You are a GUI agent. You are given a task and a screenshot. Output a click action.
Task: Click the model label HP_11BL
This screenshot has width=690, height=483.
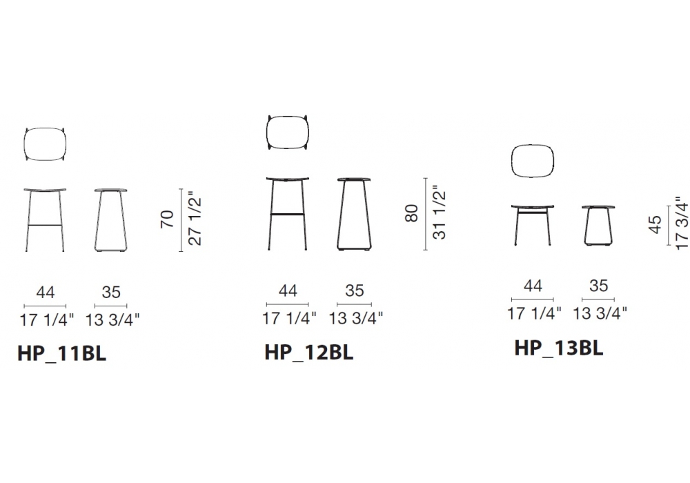pyautogui.click(x=61, y=353)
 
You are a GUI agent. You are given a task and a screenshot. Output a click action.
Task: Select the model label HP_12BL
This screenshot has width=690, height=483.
pyautogui.click(x=309, y=352)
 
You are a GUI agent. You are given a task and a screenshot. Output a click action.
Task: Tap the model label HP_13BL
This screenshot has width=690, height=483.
pyautogui.click(x=559, y=348)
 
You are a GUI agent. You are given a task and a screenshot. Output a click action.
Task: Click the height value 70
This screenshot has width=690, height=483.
pyautogui.click(x=167, y=219)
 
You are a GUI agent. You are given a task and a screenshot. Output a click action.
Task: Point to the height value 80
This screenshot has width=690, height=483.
pyautogui.click(x=411, y=213)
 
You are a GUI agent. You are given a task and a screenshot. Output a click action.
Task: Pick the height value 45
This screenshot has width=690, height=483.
pyautogui.click(x=655, y=224)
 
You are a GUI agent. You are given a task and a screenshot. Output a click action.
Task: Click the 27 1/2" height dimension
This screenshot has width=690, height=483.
pyautogui.click(x=195, y=218)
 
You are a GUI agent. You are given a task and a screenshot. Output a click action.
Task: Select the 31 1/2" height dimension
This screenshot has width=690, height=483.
pyautogui.click(x=439, y=214)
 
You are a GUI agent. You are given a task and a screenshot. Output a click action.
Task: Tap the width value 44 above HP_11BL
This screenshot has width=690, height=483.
pyautogui.click(x=46, y=292)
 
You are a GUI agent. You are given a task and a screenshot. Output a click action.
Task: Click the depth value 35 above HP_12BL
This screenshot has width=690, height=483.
pyautogui.click(x=354, y=290)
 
